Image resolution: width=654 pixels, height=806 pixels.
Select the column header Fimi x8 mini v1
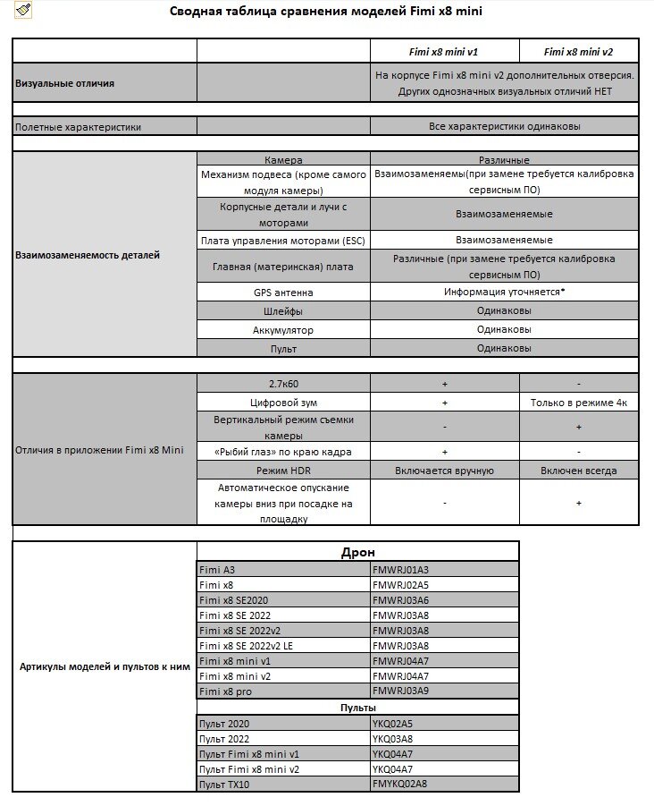pos(444,52)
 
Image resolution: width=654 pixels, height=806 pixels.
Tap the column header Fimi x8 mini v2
pos(578,52)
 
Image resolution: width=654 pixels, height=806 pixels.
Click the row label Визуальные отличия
pos(64,83)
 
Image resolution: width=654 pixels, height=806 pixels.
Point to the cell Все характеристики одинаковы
pos(504,127)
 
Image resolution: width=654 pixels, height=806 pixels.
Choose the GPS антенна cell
pos(283,293)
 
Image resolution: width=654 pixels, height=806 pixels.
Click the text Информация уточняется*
pos(504,293)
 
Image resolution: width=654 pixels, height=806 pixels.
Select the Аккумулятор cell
pos(283,330)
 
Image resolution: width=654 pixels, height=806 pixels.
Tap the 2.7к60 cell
pos(283,383)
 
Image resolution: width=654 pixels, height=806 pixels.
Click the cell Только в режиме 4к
pos(578,403)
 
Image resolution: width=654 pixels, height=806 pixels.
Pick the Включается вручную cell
pos(444,471)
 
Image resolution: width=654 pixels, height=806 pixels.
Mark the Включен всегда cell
pos(578,471)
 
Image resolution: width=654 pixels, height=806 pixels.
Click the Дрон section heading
pos(357,552)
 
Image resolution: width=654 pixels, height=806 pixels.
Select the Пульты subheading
pos(357,708)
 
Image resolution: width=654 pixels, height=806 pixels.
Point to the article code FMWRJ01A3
pos(400,570)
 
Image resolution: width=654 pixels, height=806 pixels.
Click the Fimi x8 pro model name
pos(226,691)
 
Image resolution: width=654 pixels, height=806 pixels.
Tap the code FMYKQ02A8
pos(400,785)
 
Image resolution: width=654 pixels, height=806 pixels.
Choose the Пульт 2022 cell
pos(224,739)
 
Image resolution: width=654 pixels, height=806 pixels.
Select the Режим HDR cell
pos(283,471)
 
